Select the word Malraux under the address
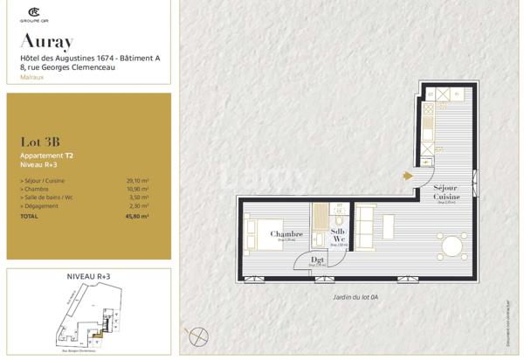33,77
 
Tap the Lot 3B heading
40,142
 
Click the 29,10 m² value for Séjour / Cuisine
137,179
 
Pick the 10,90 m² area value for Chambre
137,188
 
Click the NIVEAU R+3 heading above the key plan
89,276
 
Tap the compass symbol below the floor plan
199,335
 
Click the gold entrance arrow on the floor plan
408,175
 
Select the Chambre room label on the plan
286,234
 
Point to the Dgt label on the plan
318,260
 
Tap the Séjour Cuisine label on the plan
446,193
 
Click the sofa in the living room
364,225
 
